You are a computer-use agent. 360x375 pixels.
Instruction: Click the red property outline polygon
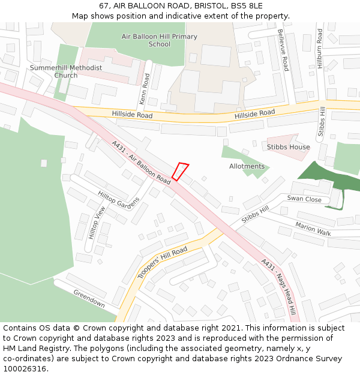(180, 172)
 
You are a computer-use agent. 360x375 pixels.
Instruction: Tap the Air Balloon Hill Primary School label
(159, 40)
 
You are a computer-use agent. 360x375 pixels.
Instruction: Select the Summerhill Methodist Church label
(66, 71)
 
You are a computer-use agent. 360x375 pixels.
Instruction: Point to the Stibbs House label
(289, 147)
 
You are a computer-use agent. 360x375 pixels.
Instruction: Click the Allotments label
(247, 166)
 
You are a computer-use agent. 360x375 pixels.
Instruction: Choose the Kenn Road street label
(145, 88)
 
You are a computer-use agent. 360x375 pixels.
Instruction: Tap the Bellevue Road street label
(283, 50)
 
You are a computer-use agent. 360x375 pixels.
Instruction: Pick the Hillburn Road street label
(321, 50)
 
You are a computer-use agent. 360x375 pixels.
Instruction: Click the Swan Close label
(304, 199)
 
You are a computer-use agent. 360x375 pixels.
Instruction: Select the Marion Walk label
(313, 229)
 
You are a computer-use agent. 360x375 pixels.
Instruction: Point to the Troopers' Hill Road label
(162, 262)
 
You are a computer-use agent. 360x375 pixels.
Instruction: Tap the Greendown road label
(89, 298)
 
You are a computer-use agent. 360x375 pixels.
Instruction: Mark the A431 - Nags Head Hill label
(278, 287)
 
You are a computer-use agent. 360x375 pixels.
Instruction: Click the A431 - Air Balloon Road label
(141, 161)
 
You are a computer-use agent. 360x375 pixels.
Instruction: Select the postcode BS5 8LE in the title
(247, 6)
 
